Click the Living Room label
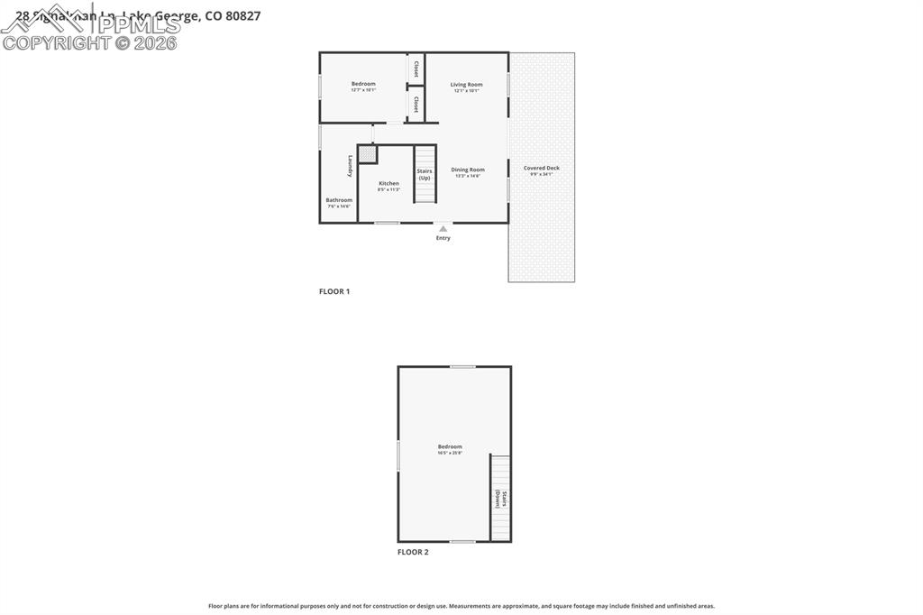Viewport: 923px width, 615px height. (x=466, y=85)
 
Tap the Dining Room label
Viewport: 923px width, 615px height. (x=468, y=170)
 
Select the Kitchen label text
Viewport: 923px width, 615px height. (x=388, y=183)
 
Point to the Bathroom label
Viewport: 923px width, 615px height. (x=339, y=200)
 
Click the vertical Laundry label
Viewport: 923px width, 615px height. (x=350, y=166)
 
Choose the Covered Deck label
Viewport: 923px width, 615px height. (x=541, y=168)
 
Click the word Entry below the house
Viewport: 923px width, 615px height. (x=443, y=238)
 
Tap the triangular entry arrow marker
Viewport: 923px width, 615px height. (x=443, y=229)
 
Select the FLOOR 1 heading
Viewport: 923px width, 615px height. (x=334, y=291)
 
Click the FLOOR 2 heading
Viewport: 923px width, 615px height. (x=413, y=552)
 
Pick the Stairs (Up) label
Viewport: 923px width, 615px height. (x=424, y=174)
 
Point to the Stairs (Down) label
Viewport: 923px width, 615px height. (x=501, y=500)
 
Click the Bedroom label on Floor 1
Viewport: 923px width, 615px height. (x=363, y=84)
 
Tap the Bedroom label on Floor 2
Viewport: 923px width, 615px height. (x=450, y=446)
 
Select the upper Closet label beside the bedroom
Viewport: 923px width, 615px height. (x=416, y=69)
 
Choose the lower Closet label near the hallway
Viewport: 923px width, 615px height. (x=416, y=105)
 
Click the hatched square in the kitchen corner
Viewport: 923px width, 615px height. (x=367, y=154)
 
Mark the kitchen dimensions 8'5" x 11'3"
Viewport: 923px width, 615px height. (x=388, y=189)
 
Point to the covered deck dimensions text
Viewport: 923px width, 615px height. (x=541, y=174)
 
